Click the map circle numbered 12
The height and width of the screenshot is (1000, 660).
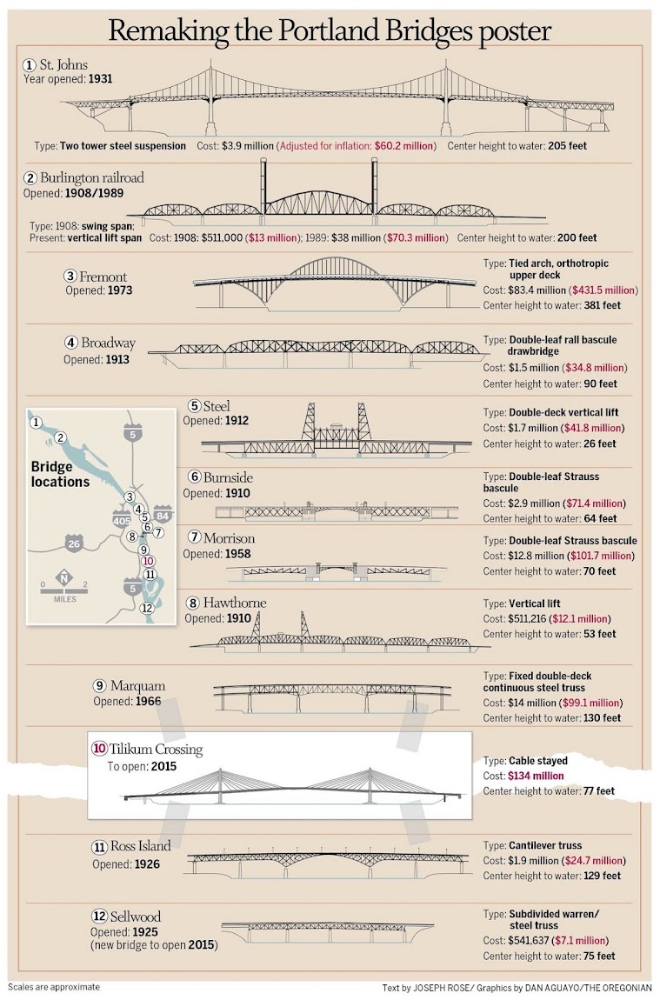coord(147,608)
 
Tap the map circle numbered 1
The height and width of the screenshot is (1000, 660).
coord(36,423)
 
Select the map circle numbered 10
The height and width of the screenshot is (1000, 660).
coord(148,561)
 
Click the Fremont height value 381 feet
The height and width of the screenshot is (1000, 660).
coord(594,305)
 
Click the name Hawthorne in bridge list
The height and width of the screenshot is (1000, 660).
coord(235,603)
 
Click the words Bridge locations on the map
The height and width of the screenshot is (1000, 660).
coord(60,474)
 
